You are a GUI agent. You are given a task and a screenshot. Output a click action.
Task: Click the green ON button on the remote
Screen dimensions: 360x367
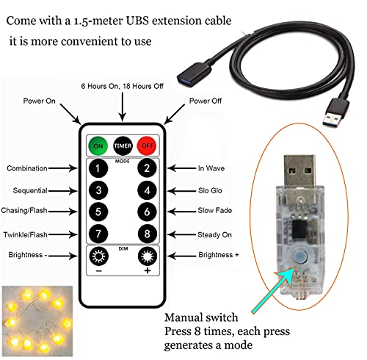tap(98, 145)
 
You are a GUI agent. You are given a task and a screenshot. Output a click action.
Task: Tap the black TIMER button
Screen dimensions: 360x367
tap(122, 145)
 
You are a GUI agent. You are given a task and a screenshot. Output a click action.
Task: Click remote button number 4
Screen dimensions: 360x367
tap(147, 191)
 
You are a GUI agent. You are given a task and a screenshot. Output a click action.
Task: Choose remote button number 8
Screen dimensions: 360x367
tap(147, 234)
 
